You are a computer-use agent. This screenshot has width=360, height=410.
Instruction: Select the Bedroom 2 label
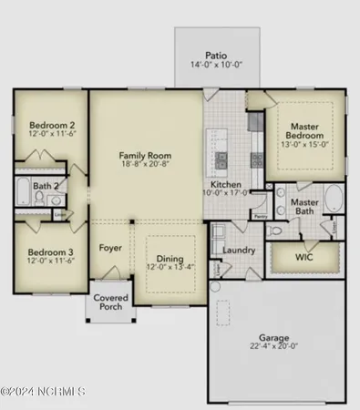point(50,125)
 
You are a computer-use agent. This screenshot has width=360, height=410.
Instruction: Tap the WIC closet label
point(303,258)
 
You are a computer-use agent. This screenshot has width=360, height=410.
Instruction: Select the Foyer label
point(110,246)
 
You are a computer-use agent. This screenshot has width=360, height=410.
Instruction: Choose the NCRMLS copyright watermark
point(43,392)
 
